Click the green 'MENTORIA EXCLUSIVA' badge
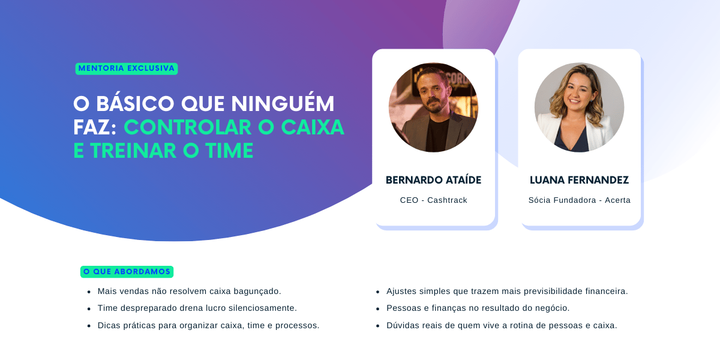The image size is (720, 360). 127,68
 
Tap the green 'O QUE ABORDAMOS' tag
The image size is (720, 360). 127,272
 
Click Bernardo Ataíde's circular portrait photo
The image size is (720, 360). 433,107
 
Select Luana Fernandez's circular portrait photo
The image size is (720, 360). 579,107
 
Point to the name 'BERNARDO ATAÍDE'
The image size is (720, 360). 433,180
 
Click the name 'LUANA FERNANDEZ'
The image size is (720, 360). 579,180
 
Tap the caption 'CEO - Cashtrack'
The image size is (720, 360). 433,200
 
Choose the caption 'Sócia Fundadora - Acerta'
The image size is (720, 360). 579,200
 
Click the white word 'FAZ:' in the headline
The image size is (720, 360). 96,127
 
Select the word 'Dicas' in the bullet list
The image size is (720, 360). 109,326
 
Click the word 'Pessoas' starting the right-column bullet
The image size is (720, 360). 403,308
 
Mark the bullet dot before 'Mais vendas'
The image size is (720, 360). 88,292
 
